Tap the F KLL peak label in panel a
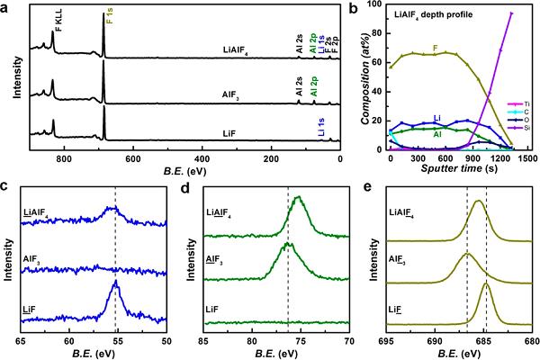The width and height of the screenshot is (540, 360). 58,24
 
